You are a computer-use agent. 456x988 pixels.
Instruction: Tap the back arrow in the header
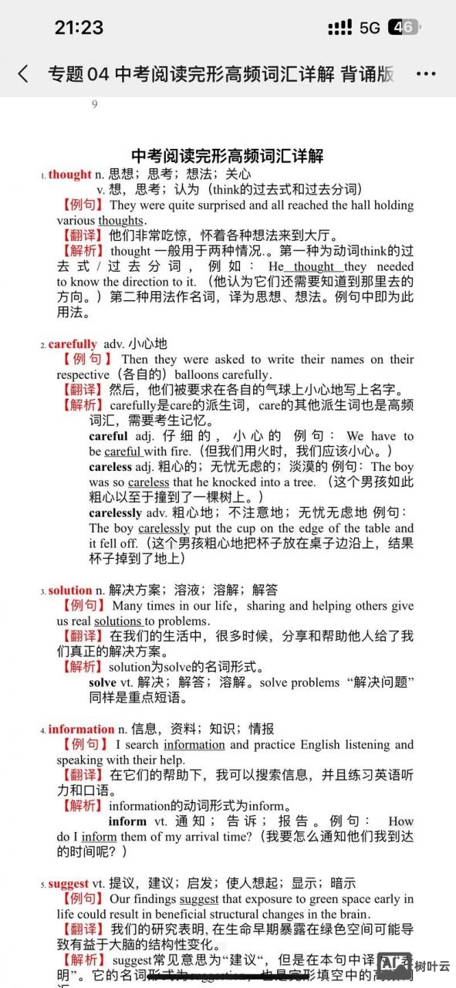tap(23, 74)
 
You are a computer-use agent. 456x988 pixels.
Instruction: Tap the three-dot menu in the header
tap(426, 74)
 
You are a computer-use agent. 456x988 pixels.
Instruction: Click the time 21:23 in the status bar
tap(79, 28)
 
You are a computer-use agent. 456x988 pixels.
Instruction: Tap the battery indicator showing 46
tap(404, 28)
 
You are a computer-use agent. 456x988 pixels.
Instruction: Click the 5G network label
tap(370, 28)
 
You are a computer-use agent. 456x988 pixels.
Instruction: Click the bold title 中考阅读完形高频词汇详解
tap(228, 156)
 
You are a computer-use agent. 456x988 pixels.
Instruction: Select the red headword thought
tap(69, 174)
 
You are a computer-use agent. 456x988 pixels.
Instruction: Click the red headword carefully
tap(73, 344)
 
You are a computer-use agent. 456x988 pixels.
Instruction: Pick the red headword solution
tap(70, 590)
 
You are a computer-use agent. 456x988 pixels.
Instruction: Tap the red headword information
tap(81, 729)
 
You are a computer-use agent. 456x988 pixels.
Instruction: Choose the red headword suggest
tap(69, 884)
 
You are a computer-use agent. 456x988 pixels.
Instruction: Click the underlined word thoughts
tap(121, 221)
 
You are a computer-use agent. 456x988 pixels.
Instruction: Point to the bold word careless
tap(110, 467)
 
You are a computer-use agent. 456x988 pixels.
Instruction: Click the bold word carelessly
tap(116, 513)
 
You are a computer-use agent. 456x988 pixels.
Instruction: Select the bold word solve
tap(103, 683)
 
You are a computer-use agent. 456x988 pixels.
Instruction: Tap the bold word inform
tap(127, 821)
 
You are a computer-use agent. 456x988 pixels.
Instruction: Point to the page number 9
tap(95, 105)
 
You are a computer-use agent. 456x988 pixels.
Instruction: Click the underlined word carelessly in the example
tap(164, 529)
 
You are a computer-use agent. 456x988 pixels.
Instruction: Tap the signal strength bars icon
tap(339, 28)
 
